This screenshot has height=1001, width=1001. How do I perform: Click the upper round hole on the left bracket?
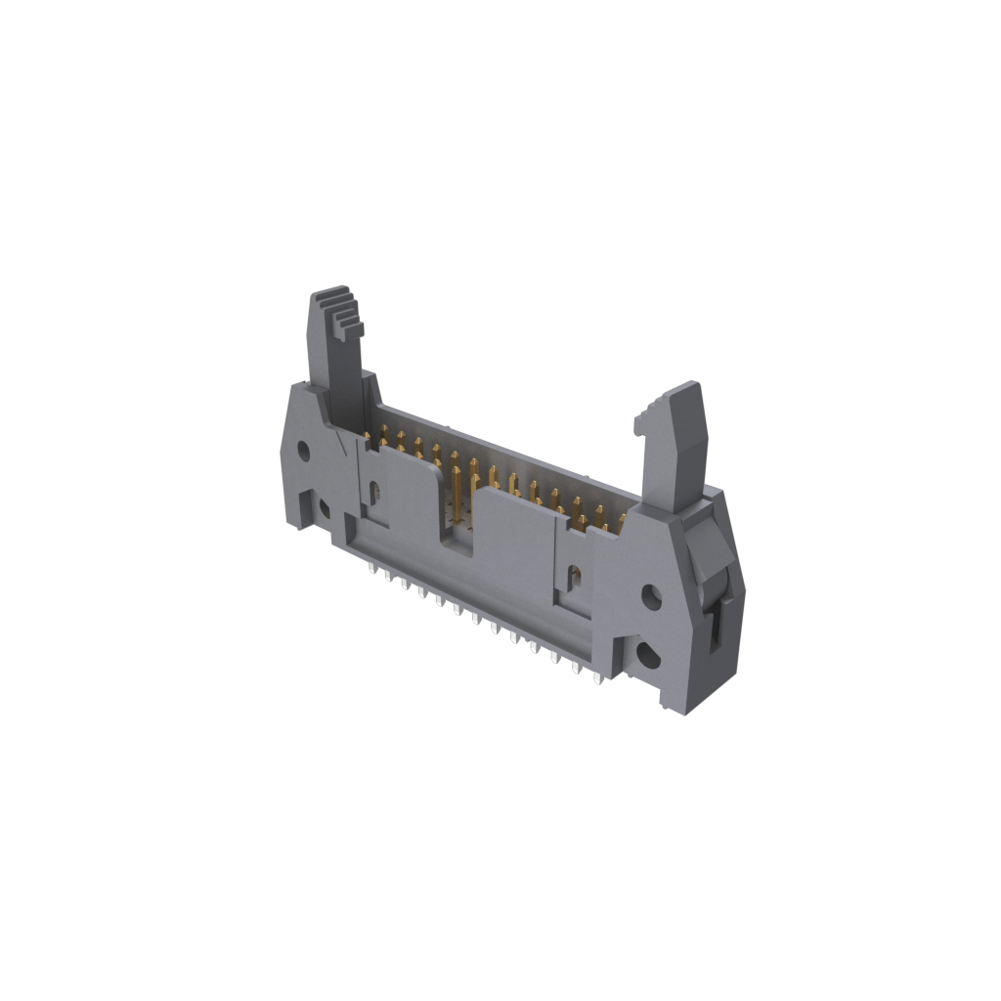303,452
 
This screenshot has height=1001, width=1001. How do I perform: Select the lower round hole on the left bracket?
324,507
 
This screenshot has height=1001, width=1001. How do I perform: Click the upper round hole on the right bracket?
650,594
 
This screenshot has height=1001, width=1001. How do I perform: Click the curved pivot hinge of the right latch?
706,557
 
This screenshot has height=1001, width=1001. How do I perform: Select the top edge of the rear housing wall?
508,450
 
